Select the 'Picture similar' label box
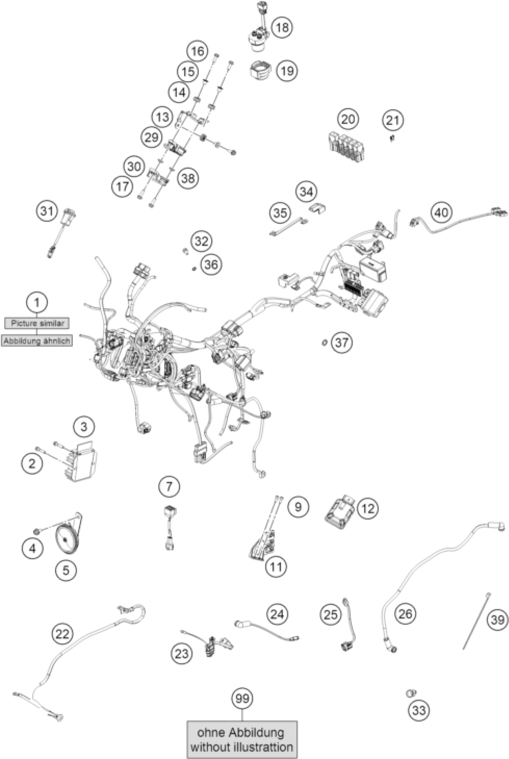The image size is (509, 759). pos(37,323)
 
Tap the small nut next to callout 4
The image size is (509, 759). pos(37,531)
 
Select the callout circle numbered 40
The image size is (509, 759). pos(441,212)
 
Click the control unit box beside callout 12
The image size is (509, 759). pos(340,512)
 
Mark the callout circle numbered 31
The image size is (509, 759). pos(46,211)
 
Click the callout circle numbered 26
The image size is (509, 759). pos(405,613)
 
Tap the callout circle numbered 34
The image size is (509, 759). pos(306,192)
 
